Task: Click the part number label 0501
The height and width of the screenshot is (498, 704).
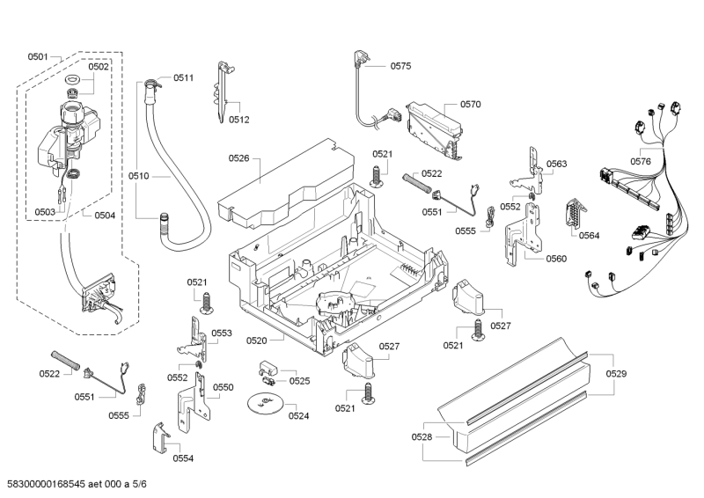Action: tap(37, 56)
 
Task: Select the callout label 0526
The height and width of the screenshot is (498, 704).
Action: tap(239, 158)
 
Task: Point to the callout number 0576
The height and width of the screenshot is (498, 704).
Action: tap(641, 161)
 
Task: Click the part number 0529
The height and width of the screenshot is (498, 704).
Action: tap(617, 375)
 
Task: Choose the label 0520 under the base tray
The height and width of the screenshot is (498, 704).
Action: tap(256, 340)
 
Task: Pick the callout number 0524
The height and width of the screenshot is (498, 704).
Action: tap(298, 415)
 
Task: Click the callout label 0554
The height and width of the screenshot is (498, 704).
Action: tap(183, 458)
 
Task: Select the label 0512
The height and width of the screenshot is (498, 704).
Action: tap(239, 120)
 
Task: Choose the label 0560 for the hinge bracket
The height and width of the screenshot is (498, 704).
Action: tap(556, 259)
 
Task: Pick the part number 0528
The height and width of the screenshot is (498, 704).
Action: tap(422, 437)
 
